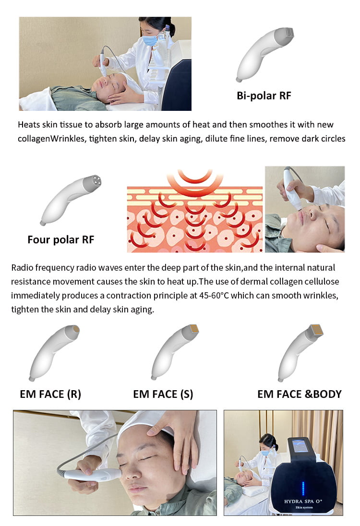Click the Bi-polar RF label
(264, 96)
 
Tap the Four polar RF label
(61, 240)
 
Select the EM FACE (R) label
(50, 394)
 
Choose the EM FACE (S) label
(163, 394)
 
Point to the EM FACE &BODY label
(299, 394)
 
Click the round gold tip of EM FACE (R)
(76, 329)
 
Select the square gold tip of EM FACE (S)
(194, 329)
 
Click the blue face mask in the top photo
(150, 41)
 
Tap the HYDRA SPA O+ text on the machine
(303, 501)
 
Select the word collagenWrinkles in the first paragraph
(51, 139)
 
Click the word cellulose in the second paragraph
(321, 281)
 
